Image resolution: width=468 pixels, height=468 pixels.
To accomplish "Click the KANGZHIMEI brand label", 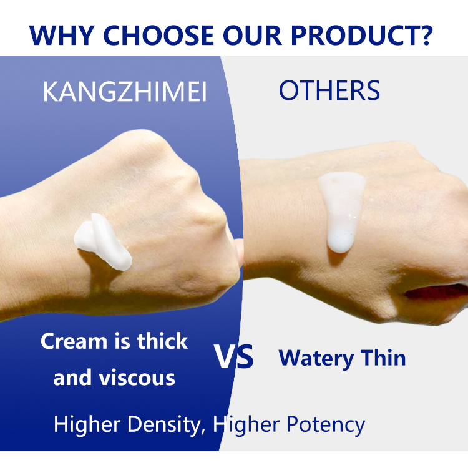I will (x=125, y=92).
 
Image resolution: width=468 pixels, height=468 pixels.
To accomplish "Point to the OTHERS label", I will (x=329, y=91).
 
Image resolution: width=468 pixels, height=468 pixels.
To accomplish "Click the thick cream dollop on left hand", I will (x=103, y=240).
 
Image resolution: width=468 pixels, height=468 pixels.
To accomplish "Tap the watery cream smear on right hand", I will (x=340, y=212).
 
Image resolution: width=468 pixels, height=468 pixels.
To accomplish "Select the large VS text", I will (x=234, y=356).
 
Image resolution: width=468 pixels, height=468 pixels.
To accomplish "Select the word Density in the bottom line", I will (x=164, y=425).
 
